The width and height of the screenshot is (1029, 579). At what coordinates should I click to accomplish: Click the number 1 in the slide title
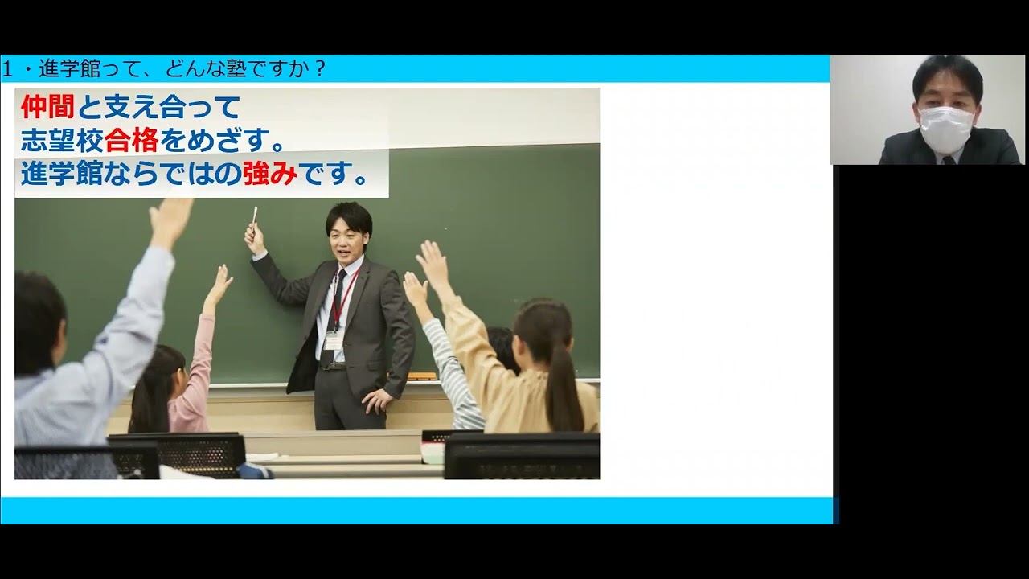point(7,70)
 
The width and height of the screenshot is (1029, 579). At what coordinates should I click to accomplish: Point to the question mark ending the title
point(320,70)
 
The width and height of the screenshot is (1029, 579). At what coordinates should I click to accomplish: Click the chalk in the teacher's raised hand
point(255,216)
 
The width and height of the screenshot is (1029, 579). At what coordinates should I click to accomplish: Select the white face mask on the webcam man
point(945,128)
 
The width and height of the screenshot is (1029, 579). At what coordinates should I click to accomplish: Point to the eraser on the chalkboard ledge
point(421,376)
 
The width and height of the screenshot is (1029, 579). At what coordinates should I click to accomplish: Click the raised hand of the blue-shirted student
point(171,220)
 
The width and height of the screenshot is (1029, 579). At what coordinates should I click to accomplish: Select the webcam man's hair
point(947,74)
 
